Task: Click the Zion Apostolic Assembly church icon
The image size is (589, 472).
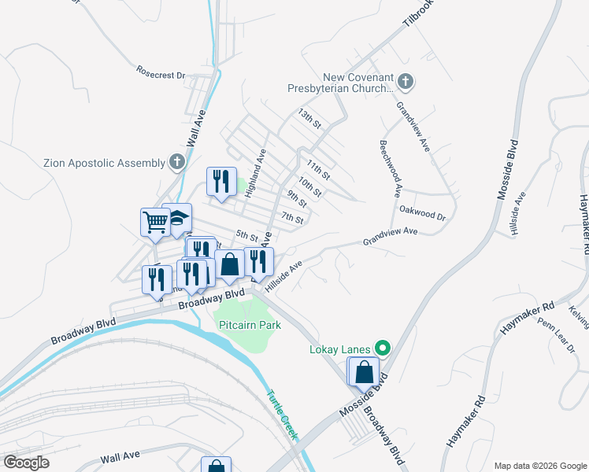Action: point(177,163)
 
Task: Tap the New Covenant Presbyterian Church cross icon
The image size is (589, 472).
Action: point(406,81)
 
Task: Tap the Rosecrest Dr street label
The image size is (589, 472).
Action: point(160,76)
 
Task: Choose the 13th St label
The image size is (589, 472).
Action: point(310,120)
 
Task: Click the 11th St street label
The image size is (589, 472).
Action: point(318,168)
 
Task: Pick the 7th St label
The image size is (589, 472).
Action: point(292,218)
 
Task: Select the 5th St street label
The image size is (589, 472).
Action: point(247,235)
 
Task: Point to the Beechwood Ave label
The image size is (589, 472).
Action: point(390,168)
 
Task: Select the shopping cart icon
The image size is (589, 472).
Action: point(155,221)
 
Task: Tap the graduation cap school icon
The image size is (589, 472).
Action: point(178,218)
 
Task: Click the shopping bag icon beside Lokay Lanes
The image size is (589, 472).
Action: point(364,371)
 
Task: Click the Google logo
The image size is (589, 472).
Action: point(25,462)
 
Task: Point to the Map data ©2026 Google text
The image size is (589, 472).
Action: point(539,466)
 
